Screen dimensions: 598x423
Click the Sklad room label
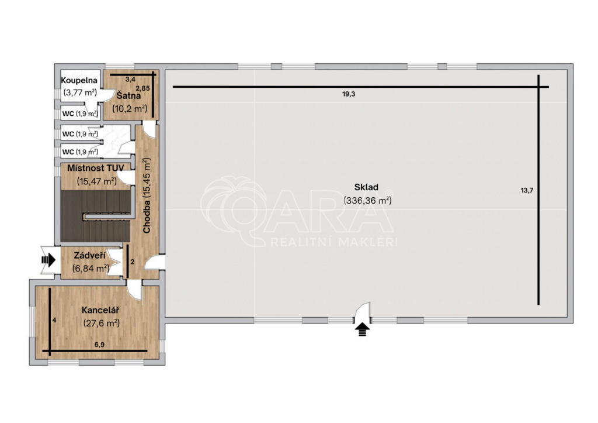point(366,187)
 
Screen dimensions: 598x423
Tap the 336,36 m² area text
point(368,200)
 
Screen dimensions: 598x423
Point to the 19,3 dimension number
point(349,94)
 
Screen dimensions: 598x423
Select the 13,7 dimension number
point(527,190)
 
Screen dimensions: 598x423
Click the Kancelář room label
point(100,310)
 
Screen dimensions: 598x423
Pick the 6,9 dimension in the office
point(99,345)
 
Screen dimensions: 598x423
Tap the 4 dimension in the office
point(54,320)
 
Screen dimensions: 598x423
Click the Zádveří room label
point(89,255)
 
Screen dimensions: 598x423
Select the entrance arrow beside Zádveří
point(48,260)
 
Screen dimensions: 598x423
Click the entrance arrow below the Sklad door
point(362,329)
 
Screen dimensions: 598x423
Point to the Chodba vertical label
point(147,195)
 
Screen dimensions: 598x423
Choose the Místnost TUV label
point(95,168)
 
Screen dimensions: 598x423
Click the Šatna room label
point(128,95)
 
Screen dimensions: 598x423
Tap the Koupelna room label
point(79,81)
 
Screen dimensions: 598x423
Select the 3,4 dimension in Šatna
point(130,80)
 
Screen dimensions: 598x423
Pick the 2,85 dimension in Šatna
point(142,88)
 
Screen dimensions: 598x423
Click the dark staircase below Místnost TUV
point(95,216)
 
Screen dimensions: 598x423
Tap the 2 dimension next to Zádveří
point(133,262)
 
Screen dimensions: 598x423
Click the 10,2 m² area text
point(130,108)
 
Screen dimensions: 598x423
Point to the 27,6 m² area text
point(102,324)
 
